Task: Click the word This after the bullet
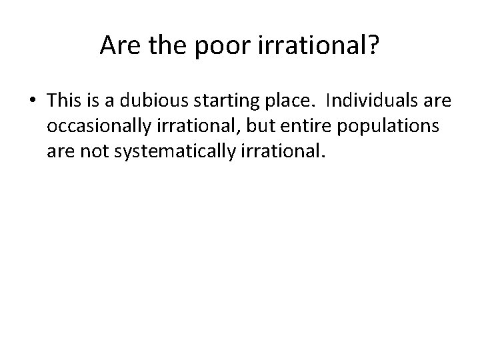pyautogui.click(x=64, y=101)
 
